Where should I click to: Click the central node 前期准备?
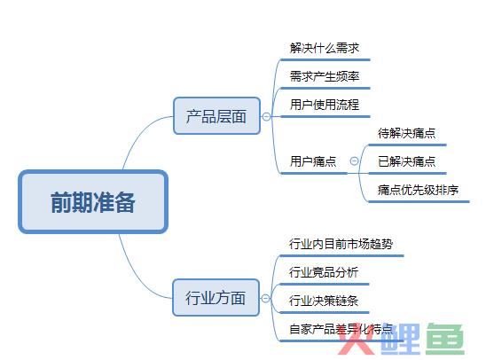click(x=93, y=201)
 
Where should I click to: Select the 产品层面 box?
click(x=216, y=116)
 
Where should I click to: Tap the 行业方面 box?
click(x=216, y=298)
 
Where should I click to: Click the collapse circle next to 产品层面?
click(x=266, y=116)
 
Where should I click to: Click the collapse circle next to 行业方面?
click(x=266, y=298)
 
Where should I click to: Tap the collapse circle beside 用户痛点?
click(x=354, y=161)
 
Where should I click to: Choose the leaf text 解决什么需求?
click(x=325, y=48)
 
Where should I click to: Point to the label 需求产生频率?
click(x=325, y=76)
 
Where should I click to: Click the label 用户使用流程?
click(x=325, y=105)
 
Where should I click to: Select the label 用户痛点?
click(x=313, y=161)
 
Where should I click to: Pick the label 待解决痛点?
click(x=407, y=133)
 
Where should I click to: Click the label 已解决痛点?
click(x=407, y=161)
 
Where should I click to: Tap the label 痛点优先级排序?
click(x=418, y=190)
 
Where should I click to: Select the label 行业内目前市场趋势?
click(x=341, y=244)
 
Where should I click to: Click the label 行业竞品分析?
click(x=324, y=272)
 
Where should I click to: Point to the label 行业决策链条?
click(x=324, y=301)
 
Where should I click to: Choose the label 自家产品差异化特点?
click(x=341, y=329)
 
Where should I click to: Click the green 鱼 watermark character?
click(x=445, y=339)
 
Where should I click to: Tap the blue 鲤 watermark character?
click(x=401, y=339)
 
